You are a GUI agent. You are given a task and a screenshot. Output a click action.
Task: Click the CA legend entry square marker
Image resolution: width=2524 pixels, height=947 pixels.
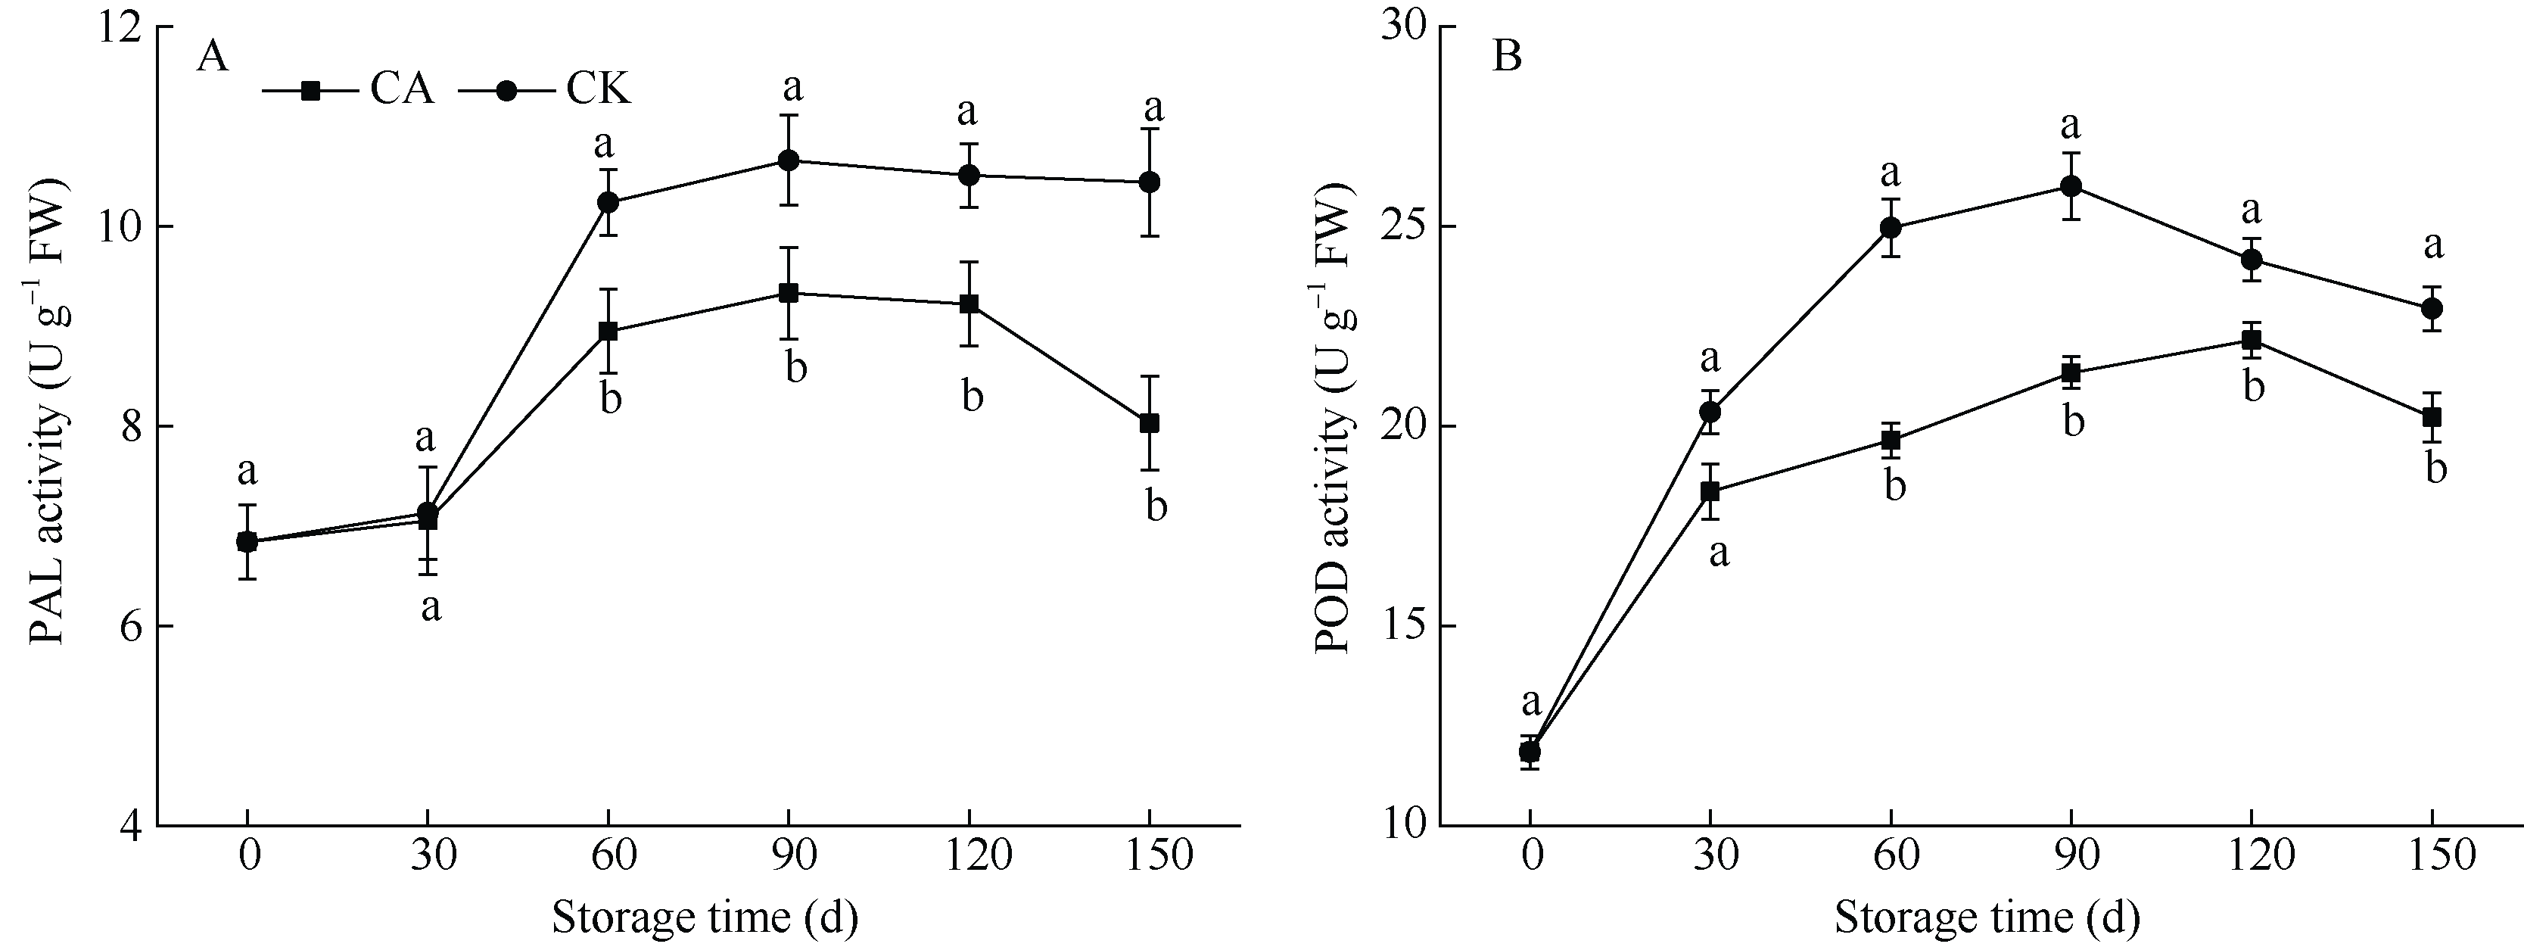(310, 90)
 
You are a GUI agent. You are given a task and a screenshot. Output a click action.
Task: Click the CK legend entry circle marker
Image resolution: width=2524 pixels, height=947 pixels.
(506, 90)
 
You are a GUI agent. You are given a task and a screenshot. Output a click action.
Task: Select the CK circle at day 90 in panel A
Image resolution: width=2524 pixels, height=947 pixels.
(789, 160)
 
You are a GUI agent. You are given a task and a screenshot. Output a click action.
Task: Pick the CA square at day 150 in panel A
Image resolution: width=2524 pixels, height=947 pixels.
(1150, 423)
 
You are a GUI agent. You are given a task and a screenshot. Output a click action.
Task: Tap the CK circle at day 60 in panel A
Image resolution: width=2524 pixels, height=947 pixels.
(608, 203)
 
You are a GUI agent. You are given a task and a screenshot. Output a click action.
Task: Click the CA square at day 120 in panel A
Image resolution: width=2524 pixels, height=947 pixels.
(969, 304)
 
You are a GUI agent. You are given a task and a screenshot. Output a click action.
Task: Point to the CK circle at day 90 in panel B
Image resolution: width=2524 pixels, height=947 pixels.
(2071, 186)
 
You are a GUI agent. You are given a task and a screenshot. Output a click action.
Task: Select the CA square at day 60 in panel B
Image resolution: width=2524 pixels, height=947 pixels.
(1890, 440)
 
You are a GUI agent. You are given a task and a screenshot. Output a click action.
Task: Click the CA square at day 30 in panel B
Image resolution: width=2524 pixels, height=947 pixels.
(1710, 491)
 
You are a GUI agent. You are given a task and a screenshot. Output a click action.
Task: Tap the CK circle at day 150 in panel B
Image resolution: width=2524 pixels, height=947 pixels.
(2431, 309)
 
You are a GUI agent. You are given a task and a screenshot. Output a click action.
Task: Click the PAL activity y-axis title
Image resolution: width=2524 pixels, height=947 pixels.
(47, 412)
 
